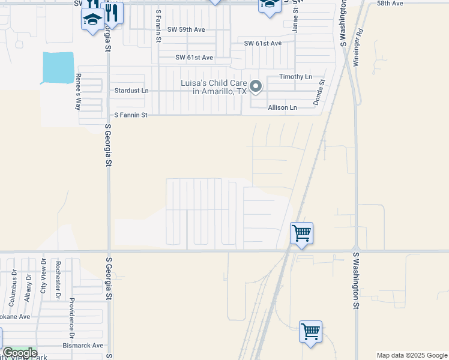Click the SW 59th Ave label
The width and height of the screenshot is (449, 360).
pyautogui.click(x=187, y=29)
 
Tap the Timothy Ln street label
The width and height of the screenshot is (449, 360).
pyautogui.click(x=296, y=77)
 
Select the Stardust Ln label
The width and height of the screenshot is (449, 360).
pyautogui.click(x=131, y=91)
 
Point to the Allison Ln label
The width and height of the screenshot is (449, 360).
pyautogui.click(x=282, y=107)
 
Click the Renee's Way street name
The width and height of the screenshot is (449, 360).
pyautogui.click(x=78, y=92)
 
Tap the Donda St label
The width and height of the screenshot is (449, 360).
pyautogui.click(x=319, y=92)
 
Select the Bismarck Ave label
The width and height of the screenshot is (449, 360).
pyautogui.click(x=83, y=346)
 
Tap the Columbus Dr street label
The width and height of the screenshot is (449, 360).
pyautogui.click(x=13, y=281)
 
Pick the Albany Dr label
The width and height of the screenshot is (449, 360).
pyautogui.click(x=28, y=283)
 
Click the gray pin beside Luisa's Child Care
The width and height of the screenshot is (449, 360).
pyautogui.click(x=256, y=87)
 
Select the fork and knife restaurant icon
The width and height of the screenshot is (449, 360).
pyautogui.click(x=112, y=11)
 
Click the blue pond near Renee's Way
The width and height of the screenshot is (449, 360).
pyautogui.click(x=58, y=67)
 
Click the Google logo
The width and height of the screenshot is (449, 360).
pyautogui.click(x=19, y=353)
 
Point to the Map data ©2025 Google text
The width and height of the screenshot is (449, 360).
pyautogui.click(x=411, y=355)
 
